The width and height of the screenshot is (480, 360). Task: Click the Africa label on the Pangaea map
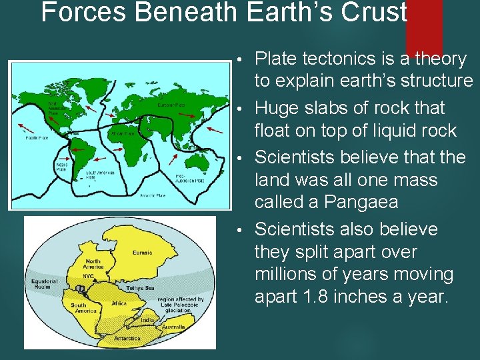119,303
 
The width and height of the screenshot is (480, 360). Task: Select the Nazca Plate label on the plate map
61,167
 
